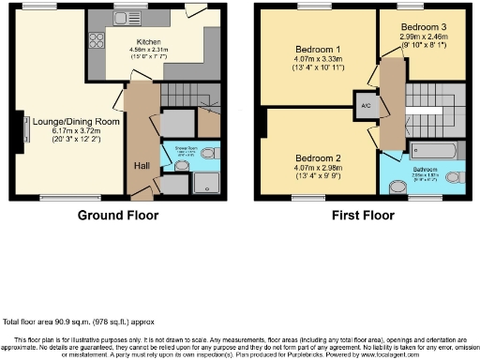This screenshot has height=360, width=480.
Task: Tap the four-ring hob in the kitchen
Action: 97,40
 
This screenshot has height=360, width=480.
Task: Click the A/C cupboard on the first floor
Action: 364,106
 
